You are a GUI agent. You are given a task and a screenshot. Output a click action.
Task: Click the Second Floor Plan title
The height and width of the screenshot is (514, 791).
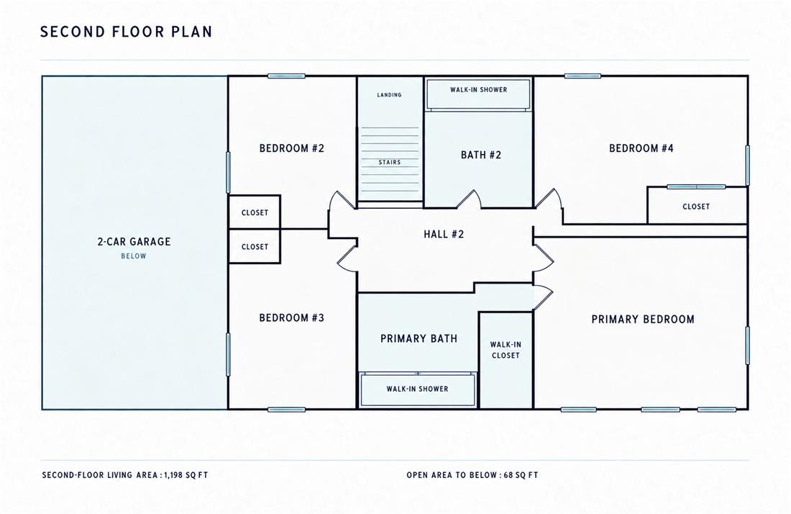pos(126,32)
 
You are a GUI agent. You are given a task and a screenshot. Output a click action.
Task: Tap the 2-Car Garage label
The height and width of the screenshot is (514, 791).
pos(134,241)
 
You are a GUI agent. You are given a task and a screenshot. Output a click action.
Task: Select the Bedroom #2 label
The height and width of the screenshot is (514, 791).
pos(291,148)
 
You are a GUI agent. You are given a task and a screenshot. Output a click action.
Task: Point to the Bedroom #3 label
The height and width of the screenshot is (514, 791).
pos(291,317)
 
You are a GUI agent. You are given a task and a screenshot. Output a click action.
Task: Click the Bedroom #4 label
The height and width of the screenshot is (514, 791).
pos(641,148)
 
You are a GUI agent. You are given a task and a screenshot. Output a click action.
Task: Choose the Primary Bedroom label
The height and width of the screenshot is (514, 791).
pos(643,319)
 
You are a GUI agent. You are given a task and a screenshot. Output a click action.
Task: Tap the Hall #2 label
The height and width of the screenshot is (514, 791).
pos(444,234)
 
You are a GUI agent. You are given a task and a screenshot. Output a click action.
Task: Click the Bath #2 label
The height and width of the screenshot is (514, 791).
pos(481,155)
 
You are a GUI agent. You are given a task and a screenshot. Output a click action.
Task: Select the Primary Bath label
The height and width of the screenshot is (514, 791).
pos(419,338)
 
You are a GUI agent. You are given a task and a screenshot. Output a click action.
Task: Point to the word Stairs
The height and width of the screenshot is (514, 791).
pos(390,162)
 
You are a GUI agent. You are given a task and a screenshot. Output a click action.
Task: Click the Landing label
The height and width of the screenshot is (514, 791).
pos(390,95)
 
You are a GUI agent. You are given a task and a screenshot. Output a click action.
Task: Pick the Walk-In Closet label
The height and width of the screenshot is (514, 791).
pos(506,350)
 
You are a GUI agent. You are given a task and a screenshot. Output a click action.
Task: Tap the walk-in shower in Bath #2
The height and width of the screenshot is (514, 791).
pos(479,94)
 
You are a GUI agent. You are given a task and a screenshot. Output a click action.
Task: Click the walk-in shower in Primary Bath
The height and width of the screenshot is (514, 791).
pos(417,389)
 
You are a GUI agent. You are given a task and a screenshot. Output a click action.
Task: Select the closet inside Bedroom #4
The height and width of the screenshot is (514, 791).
pos(698,205)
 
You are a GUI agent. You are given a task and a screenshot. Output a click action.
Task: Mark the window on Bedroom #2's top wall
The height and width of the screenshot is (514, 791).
pos(286,76)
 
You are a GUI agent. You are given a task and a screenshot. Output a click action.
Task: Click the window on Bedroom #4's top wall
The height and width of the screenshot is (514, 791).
pos(582,76)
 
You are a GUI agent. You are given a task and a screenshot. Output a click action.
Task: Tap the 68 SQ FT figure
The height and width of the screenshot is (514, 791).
pos(521,475)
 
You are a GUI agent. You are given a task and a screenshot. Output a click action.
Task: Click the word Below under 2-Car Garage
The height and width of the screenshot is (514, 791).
pos(134,256)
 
